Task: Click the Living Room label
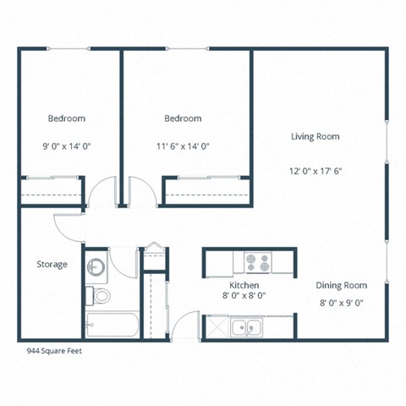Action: point(315,136)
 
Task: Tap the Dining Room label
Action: point(342,285)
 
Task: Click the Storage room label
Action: point(52,265)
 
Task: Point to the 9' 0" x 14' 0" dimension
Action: point(67,145)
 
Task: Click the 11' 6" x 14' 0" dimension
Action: point(183,145)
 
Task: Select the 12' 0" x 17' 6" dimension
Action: point(315,170)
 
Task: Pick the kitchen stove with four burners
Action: point(256,264)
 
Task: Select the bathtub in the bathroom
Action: point(112,324)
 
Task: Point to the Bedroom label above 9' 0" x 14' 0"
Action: point(67,118)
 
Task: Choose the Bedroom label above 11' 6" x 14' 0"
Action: point(183,118)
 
